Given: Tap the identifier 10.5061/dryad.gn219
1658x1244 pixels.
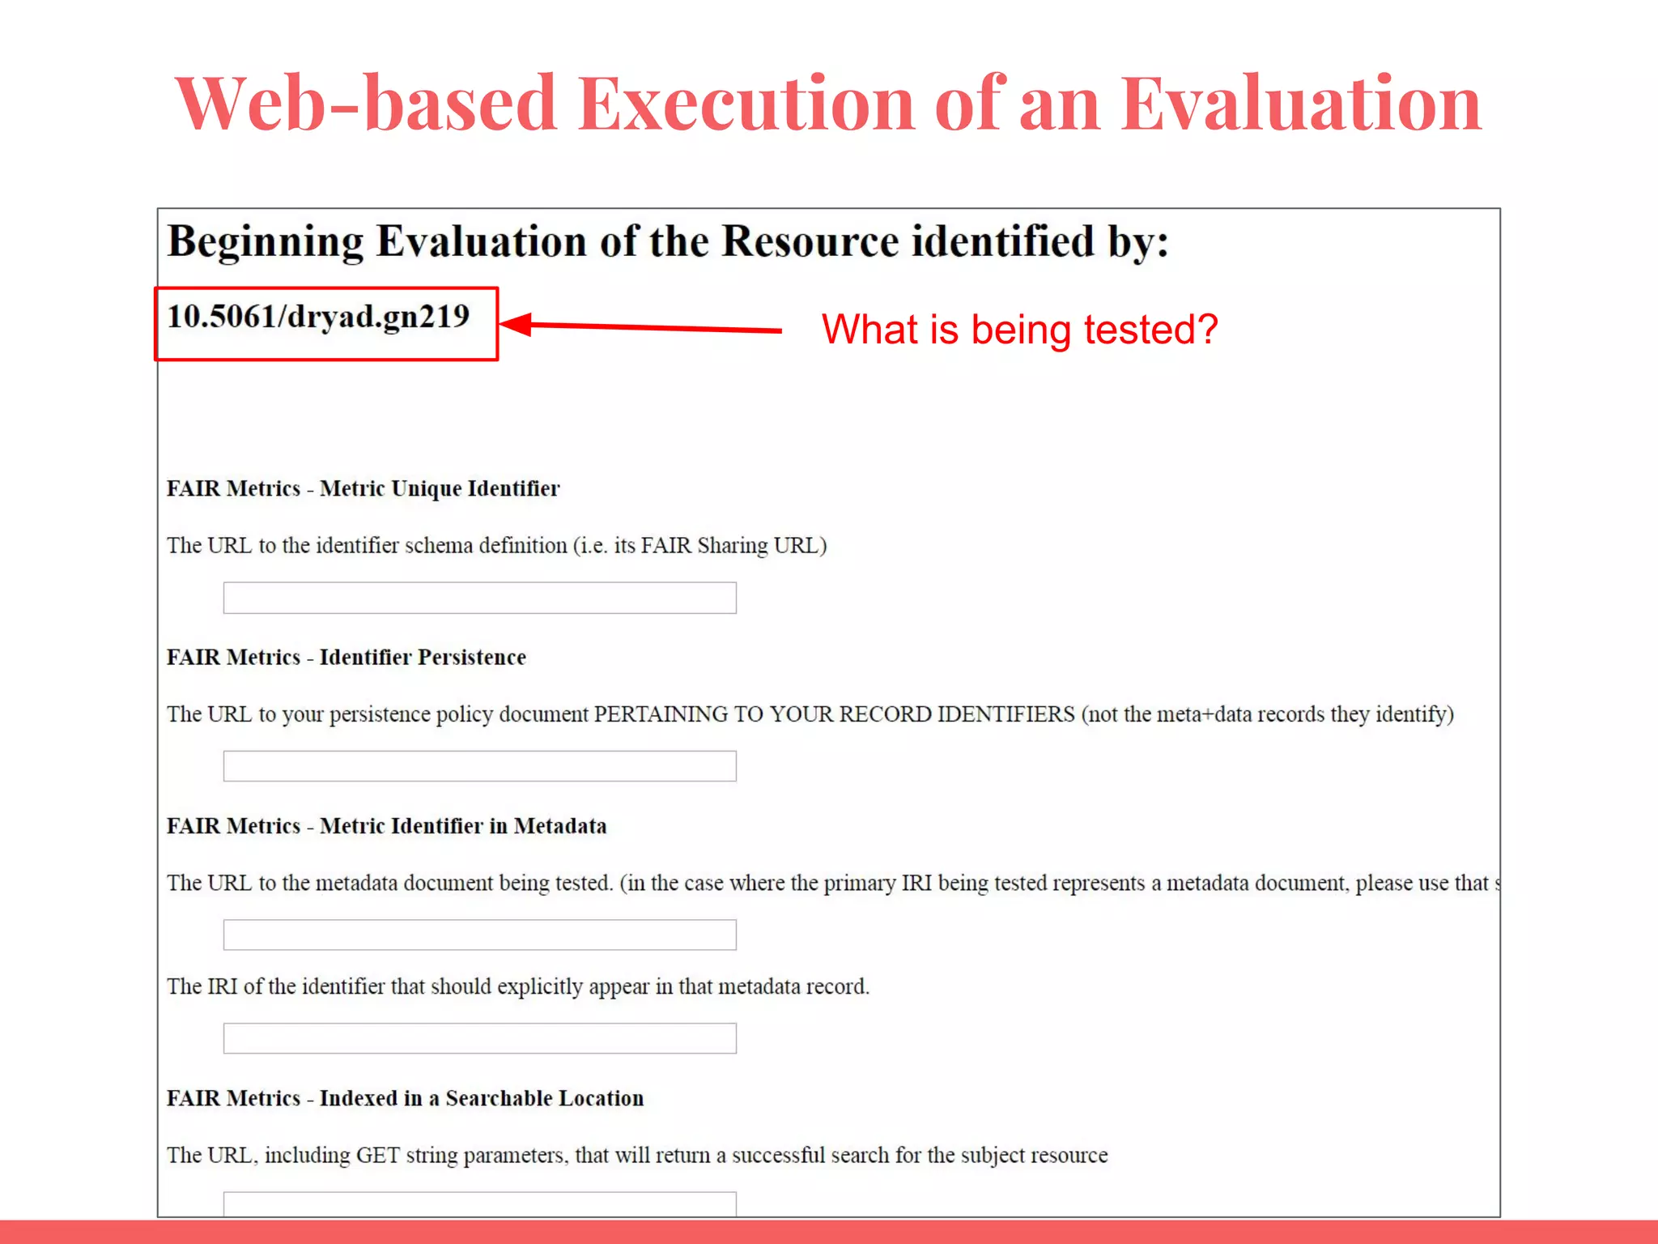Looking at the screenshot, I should point(318,317).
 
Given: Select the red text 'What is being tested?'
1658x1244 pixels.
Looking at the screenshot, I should point(1019,330).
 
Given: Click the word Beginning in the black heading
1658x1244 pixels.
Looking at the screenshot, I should point(266,242).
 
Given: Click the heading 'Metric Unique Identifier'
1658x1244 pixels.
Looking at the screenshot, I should point(440,489).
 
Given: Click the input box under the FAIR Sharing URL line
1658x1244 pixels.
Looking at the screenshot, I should point(479,598).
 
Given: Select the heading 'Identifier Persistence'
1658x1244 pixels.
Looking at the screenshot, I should point(423,658).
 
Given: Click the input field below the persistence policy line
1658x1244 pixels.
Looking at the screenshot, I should point(479,766).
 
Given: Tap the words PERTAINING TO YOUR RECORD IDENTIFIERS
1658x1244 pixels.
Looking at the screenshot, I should point(834,714).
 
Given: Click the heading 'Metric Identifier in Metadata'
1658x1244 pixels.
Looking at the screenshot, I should point(463,826).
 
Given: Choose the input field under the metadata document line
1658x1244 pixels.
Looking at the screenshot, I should point(479,935).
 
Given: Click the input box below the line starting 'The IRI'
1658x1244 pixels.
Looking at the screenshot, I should point(479,1038).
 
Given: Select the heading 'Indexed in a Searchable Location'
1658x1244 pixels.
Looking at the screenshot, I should point(482,1098).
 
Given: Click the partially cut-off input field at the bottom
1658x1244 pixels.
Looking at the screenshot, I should point(479,1204).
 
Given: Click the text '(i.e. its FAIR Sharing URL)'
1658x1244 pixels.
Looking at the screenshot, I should point(700,546).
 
